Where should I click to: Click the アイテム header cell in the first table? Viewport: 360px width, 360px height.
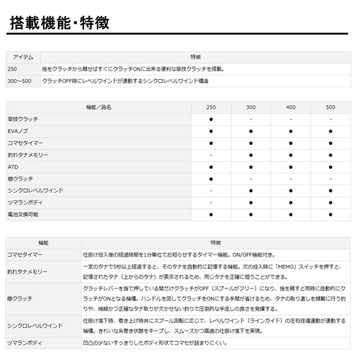point(23,58)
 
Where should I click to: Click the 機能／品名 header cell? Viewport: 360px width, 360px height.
point(98,108)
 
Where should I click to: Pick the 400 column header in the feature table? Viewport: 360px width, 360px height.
point(291,108)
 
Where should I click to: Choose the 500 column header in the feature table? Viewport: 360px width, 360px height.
point(330,108)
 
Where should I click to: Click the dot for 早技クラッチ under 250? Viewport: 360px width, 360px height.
point(211,119)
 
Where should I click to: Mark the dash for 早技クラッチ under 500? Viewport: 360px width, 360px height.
point(330,119)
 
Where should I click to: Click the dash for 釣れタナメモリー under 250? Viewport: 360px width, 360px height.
point(211,155)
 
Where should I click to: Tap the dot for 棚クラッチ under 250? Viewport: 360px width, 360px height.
point(211,179)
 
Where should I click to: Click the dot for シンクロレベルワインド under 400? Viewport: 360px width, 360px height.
point(291,191)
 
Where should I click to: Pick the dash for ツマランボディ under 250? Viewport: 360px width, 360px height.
point(211,202)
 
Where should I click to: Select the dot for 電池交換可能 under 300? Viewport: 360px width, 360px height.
point(251,215)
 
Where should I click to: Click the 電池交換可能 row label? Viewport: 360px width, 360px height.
point(23,215)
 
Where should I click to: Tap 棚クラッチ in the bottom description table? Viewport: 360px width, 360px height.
point(20,298)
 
